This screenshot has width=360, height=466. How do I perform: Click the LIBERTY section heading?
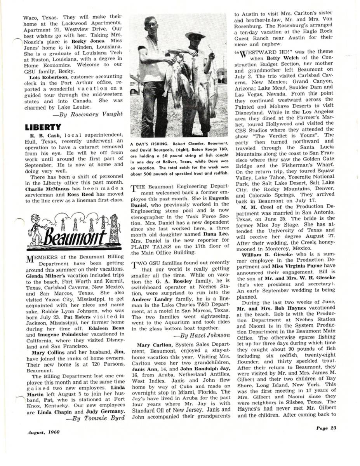click(x=43, y=127)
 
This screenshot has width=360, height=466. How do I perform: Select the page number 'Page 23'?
click(x=325, y=428)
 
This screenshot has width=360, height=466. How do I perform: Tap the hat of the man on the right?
click(x=195, y=35)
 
